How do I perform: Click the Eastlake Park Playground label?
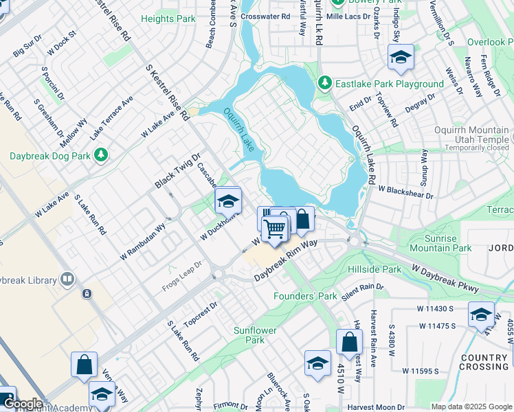click(x=389, y=84)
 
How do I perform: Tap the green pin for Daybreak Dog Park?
click(x=102, y=155)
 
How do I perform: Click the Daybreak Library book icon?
click(x=67, y=279)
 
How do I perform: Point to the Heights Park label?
click(x=168, y=19)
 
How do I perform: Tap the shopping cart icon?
click(x=276, y=228)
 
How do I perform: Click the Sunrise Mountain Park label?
click(x=440, y=243)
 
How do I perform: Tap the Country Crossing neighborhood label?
click(x=484, y=362)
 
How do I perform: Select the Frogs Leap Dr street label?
click(x=182, y=274)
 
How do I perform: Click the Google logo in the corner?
click(x=23, y=404)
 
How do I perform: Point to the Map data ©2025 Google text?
click(x=471, y=407)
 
